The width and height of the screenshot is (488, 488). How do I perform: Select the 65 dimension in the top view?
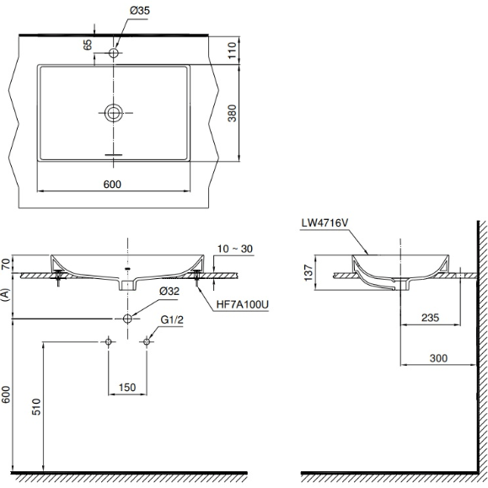88,45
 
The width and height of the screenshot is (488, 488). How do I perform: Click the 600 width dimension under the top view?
112,184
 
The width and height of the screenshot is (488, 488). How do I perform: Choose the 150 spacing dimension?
126,387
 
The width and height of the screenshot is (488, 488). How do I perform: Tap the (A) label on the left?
8,294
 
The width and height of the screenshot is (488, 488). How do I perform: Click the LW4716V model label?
324,223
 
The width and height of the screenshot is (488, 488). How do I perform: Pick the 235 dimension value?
430,318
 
